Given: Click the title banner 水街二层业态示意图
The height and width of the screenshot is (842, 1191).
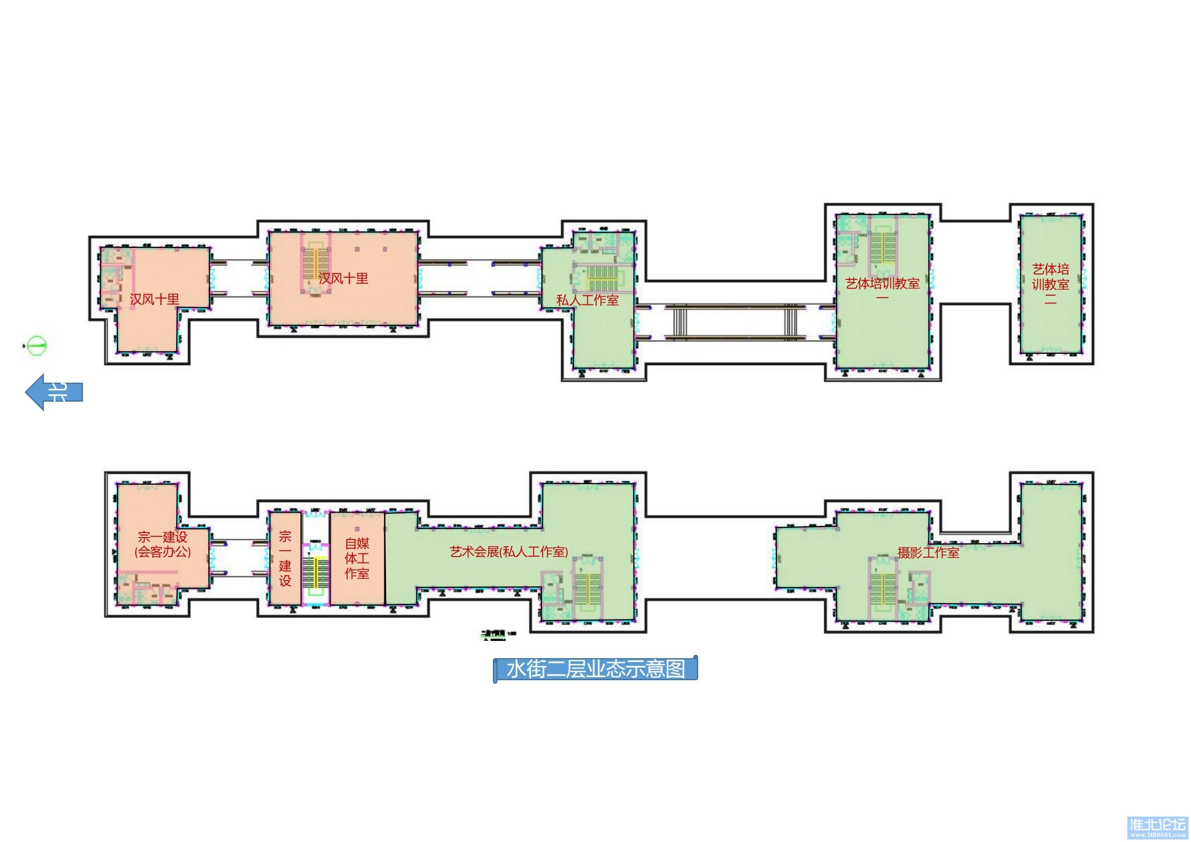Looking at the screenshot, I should [x=596, y=669].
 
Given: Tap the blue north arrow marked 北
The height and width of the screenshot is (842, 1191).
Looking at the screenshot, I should [x=54, y=392].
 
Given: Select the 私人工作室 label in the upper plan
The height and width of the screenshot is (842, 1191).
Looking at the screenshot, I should [x=587, y=300].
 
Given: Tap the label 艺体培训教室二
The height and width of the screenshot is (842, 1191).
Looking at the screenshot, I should [x=1050, y=283].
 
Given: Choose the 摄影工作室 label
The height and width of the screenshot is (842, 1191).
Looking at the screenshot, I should [x=929, y=553].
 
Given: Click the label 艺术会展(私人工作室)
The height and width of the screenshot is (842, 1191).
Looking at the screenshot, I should [x=509, y=552].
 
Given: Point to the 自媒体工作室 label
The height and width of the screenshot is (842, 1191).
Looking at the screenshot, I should [x=357, y=558].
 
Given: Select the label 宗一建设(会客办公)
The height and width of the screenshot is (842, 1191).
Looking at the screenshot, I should [x=162, y=544].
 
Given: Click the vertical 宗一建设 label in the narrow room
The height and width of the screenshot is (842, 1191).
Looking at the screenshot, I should [x=285, y=558].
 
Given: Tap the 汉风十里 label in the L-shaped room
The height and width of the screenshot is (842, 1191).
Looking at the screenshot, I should [x=155, y=299].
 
